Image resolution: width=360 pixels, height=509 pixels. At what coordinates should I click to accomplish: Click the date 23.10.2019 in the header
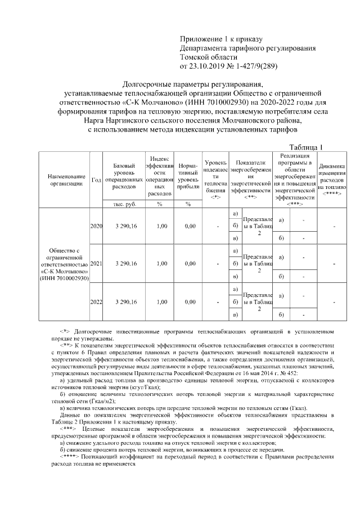209,66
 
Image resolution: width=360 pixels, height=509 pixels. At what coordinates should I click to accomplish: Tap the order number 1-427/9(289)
254,66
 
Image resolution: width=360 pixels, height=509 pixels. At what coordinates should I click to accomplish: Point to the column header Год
96,179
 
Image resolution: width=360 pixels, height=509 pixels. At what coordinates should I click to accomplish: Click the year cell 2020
96,226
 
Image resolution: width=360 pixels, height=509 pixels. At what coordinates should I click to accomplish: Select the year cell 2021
96,264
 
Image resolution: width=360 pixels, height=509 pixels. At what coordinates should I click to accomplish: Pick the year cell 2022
96,301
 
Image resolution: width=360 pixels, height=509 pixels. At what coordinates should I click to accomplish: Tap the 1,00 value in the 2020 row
161,226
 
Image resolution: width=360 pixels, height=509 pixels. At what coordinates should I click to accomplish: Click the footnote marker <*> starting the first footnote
64,332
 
